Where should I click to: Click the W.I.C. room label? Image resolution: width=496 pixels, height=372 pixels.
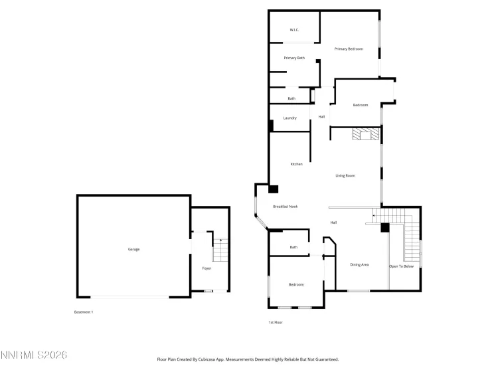(295, 31)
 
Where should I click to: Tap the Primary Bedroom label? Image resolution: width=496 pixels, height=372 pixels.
(349, 48)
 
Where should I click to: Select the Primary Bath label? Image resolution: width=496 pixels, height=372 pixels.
(294, 58)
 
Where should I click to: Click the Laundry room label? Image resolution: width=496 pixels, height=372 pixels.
(289, 118)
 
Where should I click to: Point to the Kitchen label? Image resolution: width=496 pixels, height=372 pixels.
(296, 164)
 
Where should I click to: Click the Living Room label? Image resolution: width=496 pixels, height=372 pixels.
(345, 175)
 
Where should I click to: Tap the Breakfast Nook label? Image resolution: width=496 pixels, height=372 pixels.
(286, 207)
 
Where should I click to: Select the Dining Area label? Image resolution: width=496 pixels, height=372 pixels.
(359, 265)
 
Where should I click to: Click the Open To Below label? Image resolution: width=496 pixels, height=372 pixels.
(401, 266)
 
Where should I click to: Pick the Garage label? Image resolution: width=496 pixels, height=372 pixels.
(133, 249)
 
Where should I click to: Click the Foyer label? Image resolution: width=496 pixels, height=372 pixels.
(207, 268)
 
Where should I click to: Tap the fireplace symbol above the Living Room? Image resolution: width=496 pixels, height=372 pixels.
(364, 135)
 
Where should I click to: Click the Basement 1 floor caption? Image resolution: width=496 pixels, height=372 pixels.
(83, 312)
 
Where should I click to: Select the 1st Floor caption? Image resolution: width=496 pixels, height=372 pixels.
(276, 323)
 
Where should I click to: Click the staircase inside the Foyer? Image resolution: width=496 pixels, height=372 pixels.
(220, 250)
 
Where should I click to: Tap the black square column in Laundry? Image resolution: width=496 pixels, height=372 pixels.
(271, 124)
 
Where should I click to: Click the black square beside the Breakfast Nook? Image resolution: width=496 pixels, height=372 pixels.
(273, 189)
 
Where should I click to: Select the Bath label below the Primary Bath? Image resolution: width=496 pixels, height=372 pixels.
(291, 98)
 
